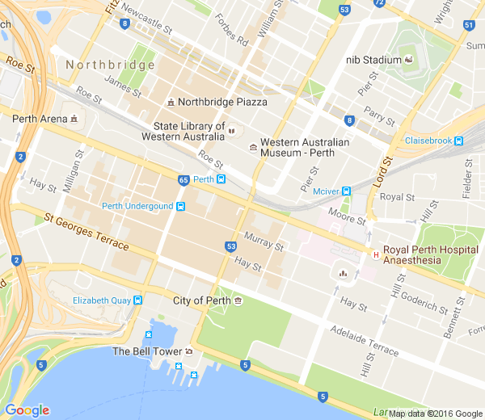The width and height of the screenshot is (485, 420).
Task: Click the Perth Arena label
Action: point(40,119)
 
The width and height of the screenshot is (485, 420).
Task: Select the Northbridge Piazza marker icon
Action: point(170,103)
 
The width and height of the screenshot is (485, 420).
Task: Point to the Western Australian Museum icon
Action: point(254,148)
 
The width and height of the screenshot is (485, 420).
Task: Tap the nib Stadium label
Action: point(373,60)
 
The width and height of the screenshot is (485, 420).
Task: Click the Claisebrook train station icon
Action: point(458,141)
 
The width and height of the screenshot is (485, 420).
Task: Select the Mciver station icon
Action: point(346,191)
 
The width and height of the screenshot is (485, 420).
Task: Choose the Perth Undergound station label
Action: point(137,206)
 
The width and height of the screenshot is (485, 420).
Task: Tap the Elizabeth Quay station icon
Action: point(137,300)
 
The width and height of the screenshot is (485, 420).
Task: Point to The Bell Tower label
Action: point(146,351)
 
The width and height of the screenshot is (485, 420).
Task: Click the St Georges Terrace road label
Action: point(86,230)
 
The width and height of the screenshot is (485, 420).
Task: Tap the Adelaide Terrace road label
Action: point(364,342)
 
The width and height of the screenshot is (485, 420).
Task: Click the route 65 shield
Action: point(183,179)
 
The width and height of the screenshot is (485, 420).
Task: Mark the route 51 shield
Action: point(469,25)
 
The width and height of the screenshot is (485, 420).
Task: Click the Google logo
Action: point(27,410)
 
